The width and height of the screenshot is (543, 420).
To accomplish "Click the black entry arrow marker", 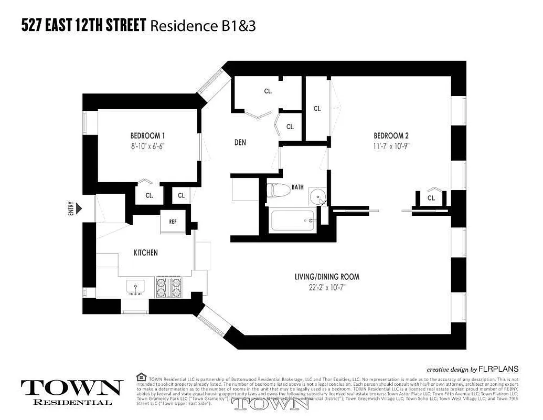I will point(79,209).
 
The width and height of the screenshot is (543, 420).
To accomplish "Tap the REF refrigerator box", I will point(173,221).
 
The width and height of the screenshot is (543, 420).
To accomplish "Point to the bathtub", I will point(293,220).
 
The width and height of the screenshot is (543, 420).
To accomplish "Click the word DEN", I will point(240,142).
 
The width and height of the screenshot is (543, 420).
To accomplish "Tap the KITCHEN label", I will point(145,253).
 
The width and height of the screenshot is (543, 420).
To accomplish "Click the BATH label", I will point(297,187).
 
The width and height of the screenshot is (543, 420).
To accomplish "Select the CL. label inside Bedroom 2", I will point(431,198).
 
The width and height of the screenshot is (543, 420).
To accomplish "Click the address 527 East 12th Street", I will point(83,25).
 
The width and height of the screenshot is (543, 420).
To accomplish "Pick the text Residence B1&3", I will point(203,26).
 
